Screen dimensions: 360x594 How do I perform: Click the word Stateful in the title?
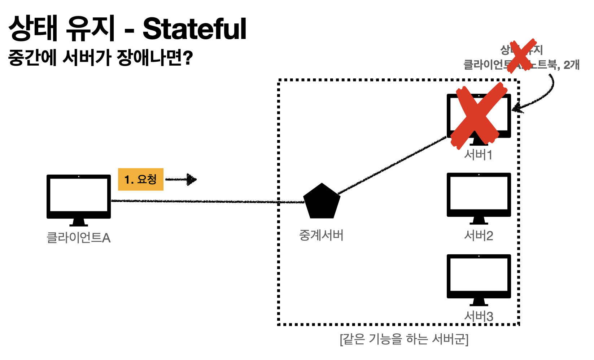pyautogui.click(x=195, y=29)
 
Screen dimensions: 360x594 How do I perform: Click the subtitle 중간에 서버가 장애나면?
pyautogui.click(x=100, y=58)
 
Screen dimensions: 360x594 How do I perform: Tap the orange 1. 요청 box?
pyautogui.click(x=141, y=179)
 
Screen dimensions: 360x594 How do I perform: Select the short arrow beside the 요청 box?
pyautogui.click(x=181, y=179)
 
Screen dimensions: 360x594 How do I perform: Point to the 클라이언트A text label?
pyautogui.click(x=79, y=238)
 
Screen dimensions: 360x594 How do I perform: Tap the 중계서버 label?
pyautogui.click(x=321, y=236)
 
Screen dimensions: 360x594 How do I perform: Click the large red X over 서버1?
pyautogui.click(x=478, y=115)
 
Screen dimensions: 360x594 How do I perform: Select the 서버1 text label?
pyautogui.click(x=478, y=155)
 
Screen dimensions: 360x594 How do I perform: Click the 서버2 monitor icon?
pyautogui.click(x=479, y=197)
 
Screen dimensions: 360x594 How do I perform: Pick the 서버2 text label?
pyautogui.click(x=479, y=236)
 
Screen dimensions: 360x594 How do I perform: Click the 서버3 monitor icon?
pyautogui.click(x=479, y=278)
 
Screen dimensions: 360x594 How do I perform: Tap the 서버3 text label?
pyautogui.click(x=479, y=317)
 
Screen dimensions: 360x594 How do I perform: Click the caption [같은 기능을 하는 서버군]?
pyautogui.click(x=404, y=339)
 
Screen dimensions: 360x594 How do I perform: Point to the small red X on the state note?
pyautogui.click(x=521, y=56)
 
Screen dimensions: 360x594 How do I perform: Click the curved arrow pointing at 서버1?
pyautogui.click(x=545, y=97)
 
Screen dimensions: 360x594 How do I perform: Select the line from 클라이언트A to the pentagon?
pyautogui.click(x=206, y=201)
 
